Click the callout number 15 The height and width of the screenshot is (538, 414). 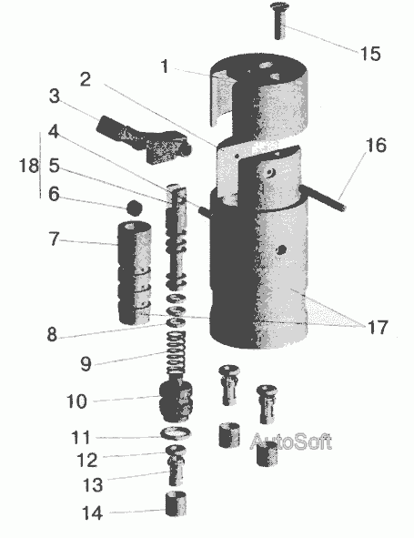pyautogui.click(x=370, y=54)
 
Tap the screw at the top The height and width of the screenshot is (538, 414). pyautogui.click(x=279, y=21)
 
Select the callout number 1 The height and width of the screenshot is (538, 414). pyautogui.click(x=165, y=66)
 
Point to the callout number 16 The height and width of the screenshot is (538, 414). pyautogui.click(x=377, y=145)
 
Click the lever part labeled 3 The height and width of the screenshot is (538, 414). pyautogui.click(x=143, y=139)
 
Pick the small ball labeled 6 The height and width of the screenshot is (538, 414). pyautogui.click(x=134, y=208)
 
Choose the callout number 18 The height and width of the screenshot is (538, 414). pyautogui.click(x=28, y=166)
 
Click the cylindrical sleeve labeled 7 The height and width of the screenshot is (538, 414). pyautogui.click(x=135, y=273)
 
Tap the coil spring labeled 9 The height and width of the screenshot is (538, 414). pyautogui.click(x=177, y=353)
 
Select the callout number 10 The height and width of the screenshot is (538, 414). pyautogui.click(x=76, y=401)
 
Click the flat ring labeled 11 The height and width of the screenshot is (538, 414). pyautogui.click(x=176, y=433)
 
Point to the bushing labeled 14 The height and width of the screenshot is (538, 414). pyautogui.click(x=177, y=504)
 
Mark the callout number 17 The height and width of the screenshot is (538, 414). pyautogui.click(x=378, y=328)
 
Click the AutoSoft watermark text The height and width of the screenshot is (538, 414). pyautogui.click(x=291, y=442)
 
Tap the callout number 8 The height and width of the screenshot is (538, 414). pyautogui.click(x=52, y=334)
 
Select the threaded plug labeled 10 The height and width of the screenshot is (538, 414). pyautogui.click(x=176, y=400)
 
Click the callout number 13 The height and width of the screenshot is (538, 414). pyautogui.click(x=93, y=485)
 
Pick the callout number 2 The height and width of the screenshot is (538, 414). pyautogui.click(x=86, y=79)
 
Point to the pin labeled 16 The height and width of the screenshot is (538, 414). pyautogui.click(x=323, y=198)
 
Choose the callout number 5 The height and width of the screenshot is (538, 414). pyautogui.click(x=55, y=166)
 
